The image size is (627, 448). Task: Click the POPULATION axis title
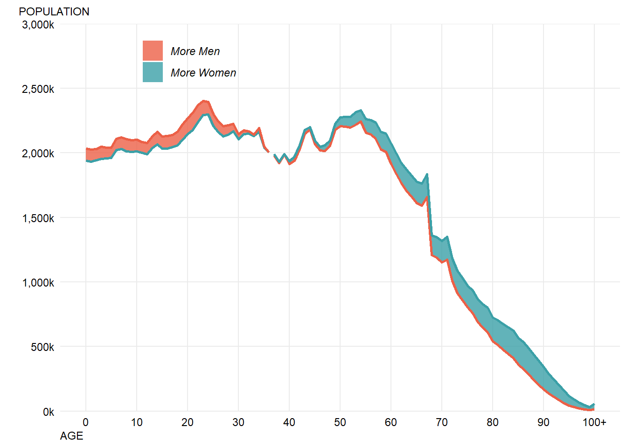coord(54,12)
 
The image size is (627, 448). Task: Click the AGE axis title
coord(71,436)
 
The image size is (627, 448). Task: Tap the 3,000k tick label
coord(38,25)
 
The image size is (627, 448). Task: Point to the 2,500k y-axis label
coord(38,89)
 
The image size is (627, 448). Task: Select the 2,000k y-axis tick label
coord(38,154)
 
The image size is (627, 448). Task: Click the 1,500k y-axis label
coord(38,218)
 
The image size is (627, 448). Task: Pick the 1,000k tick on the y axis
coord(38,283)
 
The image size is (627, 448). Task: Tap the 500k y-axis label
coord(42,347)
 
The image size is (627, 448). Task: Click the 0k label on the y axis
coord(49,412)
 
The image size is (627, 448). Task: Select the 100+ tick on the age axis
coord(594,422)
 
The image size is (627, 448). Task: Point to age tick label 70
coord(441,422)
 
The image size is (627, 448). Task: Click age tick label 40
coord(289,422)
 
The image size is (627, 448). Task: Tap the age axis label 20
coord(187,422)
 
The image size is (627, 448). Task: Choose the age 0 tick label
coord(86,422)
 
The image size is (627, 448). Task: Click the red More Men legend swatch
coord(153,50)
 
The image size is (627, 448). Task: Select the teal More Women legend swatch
coord(153,72)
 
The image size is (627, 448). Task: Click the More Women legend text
coord(203,73)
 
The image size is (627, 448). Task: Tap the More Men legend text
coord(195,51)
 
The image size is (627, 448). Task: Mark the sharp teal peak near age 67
coord(427,175)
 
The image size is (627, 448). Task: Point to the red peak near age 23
coord(203,101)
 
